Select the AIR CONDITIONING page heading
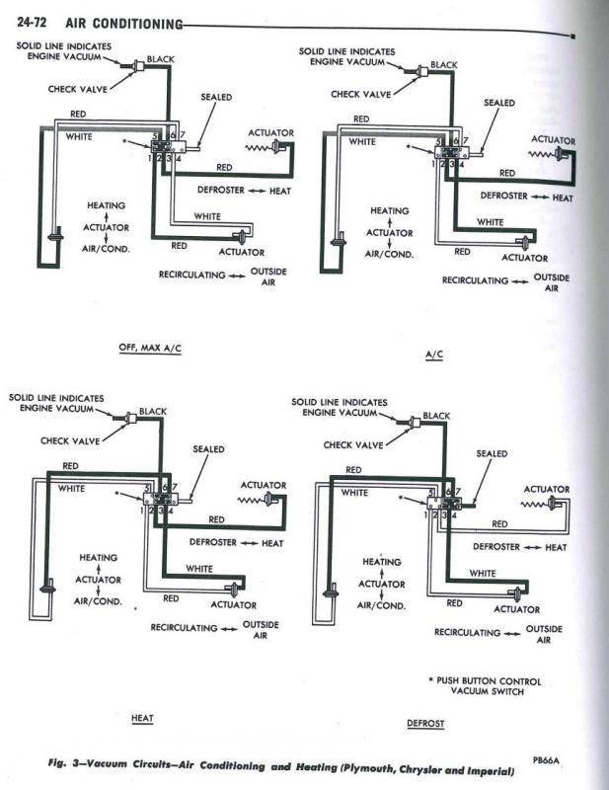pos(124,22)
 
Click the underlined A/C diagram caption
pos(432,353)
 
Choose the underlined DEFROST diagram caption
pos(425,723)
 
